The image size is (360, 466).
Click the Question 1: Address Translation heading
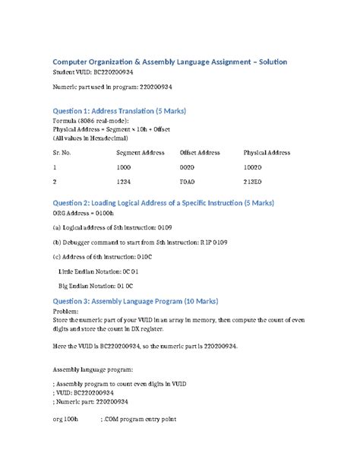(x=118, y=111)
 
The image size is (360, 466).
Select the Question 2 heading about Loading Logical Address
(x=163, y=203)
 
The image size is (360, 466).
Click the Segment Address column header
(x=141, y=153)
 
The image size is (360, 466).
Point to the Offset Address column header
(x=199, y=153)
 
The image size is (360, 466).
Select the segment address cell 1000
(x=123, y=166)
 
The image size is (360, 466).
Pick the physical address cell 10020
(x=253, y=166)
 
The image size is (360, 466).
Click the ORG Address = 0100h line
(x=81, y=214)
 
